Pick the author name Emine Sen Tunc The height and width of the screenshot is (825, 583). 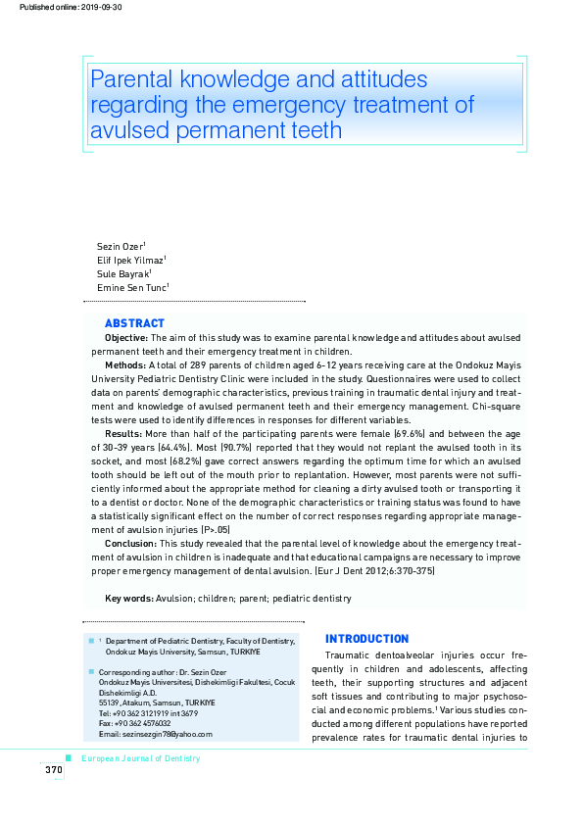(x=131, y=287)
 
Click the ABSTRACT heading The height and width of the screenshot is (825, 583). (x=134, y=323)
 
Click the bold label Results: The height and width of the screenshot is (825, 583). (x=123, y=432)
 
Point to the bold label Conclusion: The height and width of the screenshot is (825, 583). (x=129, y=542)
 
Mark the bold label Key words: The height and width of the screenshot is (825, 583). (x=127, y=598)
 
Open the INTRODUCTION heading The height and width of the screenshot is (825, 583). (x=366, y=639)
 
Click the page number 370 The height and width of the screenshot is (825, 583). (x=53, y=770)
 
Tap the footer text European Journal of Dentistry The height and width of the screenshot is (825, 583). (x=140, y=758)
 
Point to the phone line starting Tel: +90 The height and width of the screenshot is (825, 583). (x=141, y=713)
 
